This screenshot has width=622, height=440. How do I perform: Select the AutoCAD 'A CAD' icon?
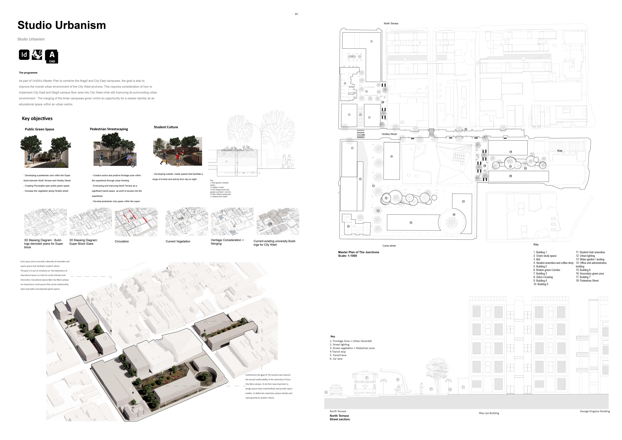[x=52, y=56]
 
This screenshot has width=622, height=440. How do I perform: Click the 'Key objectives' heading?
[x=37, y=118]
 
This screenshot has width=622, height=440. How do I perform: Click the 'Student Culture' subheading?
[x=166, y=127]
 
